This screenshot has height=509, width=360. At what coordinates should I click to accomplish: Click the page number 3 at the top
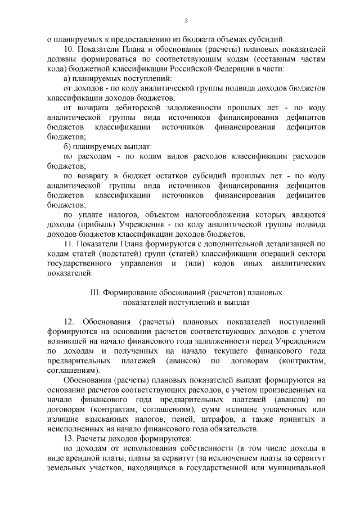tap(186, 21)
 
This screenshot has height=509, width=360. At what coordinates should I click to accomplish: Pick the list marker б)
tap(67, 147)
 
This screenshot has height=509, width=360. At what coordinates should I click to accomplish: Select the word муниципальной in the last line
tap(298, 467)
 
